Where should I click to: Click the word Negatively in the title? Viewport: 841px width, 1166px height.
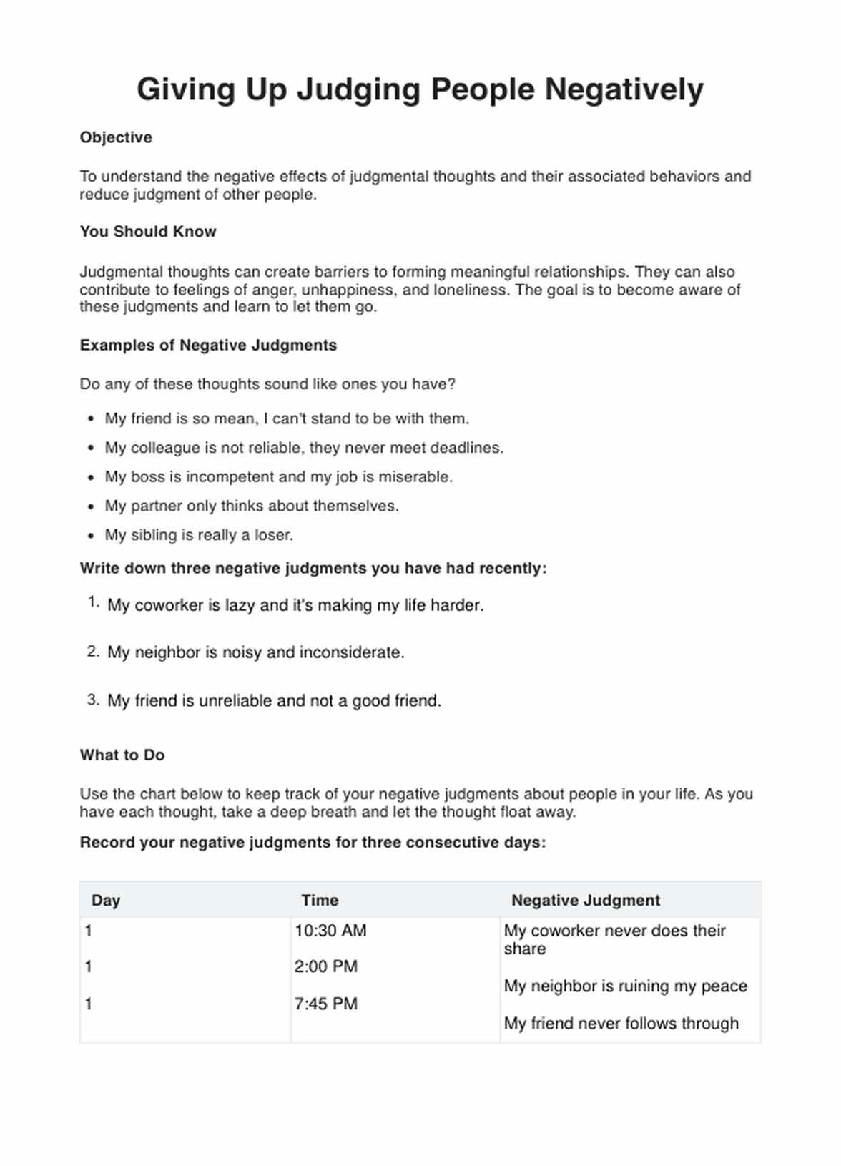624,90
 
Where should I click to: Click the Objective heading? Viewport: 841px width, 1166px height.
116,137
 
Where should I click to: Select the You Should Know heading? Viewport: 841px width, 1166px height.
147,232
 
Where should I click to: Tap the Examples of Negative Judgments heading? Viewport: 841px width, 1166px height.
208,346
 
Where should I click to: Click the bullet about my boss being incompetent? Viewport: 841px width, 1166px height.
278,477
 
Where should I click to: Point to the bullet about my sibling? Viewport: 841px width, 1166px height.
199,535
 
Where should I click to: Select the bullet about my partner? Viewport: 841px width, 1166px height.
252,506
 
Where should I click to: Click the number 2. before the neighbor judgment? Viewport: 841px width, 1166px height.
93,652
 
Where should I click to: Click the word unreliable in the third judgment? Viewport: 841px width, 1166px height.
235,701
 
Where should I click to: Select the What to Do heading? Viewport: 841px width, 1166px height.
122,755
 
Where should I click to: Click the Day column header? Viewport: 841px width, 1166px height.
106,901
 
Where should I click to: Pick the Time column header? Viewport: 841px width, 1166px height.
320,901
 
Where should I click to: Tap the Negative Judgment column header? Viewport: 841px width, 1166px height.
586,901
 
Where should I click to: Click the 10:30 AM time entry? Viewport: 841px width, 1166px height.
330,931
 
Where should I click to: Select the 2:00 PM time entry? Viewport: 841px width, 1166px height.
325,967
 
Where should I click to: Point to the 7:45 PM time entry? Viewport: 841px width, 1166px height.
325,1004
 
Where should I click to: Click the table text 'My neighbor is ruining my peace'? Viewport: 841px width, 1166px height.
625,986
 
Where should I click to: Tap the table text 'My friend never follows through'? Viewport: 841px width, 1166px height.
621,1024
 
